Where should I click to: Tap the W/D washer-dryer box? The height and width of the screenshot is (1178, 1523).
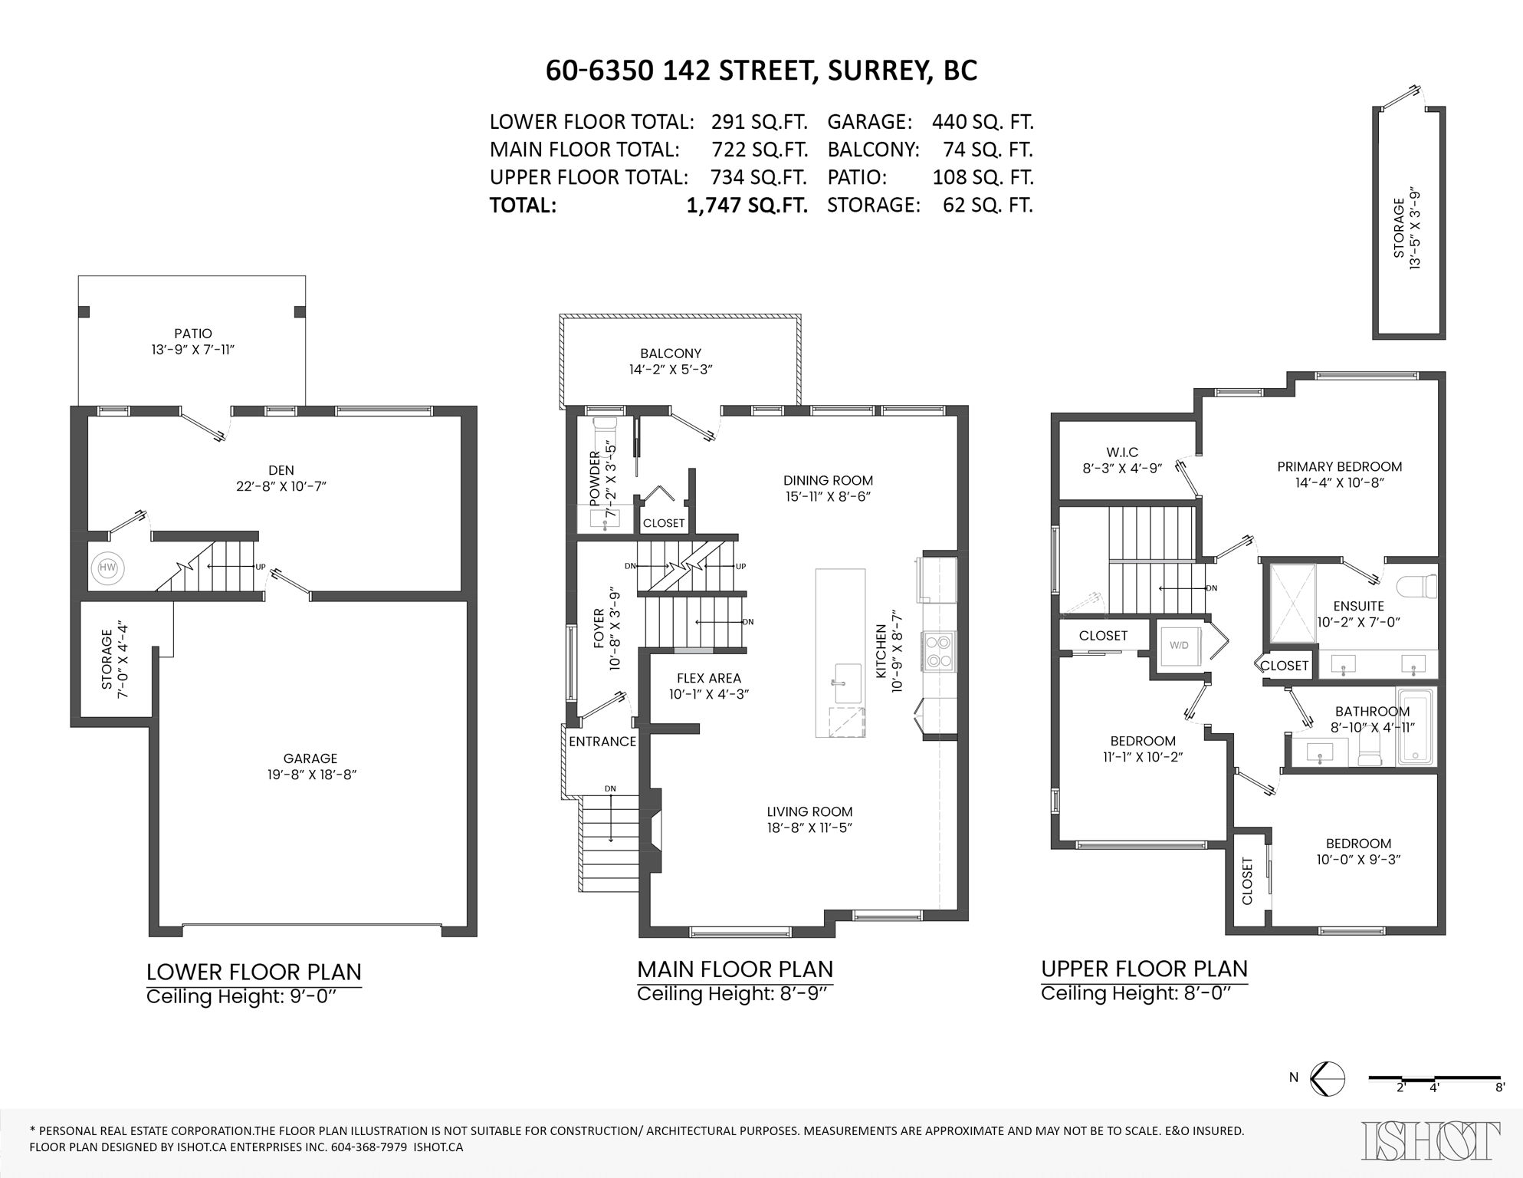1179,645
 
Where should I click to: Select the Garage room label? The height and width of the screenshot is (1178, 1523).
310,758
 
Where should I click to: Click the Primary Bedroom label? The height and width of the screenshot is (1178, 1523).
1339,466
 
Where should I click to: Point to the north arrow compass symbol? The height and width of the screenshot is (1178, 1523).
1328,1078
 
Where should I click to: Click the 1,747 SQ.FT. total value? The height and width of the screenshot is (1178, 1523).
747,206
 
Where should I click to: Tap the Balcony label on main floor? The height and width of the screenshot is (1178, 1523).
671,354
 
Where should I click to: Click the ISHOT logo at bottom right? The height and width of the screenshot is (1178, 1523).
1430,1140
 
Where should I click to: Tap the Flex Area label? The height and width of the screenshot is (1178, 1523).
708,678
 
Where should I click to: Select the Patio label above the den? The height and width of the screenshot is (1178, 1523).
192,334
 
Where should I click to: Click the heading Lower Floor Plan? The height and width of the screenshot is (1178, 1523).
254,972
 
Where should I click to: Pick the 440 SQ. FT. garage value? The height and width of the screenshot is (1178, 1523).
982,122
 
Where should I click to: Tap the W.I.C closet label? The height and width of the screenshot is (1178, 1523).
1122,452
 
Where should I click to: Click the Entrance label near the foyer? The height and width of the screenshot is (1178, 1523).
602,742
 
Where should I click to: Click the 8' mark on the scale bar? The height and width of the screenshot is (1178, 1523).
1500,1087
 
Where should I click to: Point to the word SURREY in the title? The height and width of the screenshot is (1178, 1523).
869,71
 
